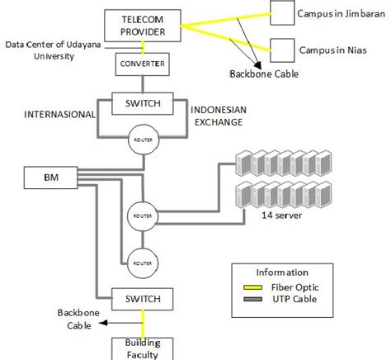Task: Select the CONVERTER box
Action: [x=142, y=64]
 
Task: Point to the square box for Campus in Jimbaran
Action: [x=282, y=13]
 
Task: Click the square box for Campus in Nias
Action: [x=281, y=49]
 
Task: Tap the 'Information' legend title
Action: [x=282, y=272]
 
